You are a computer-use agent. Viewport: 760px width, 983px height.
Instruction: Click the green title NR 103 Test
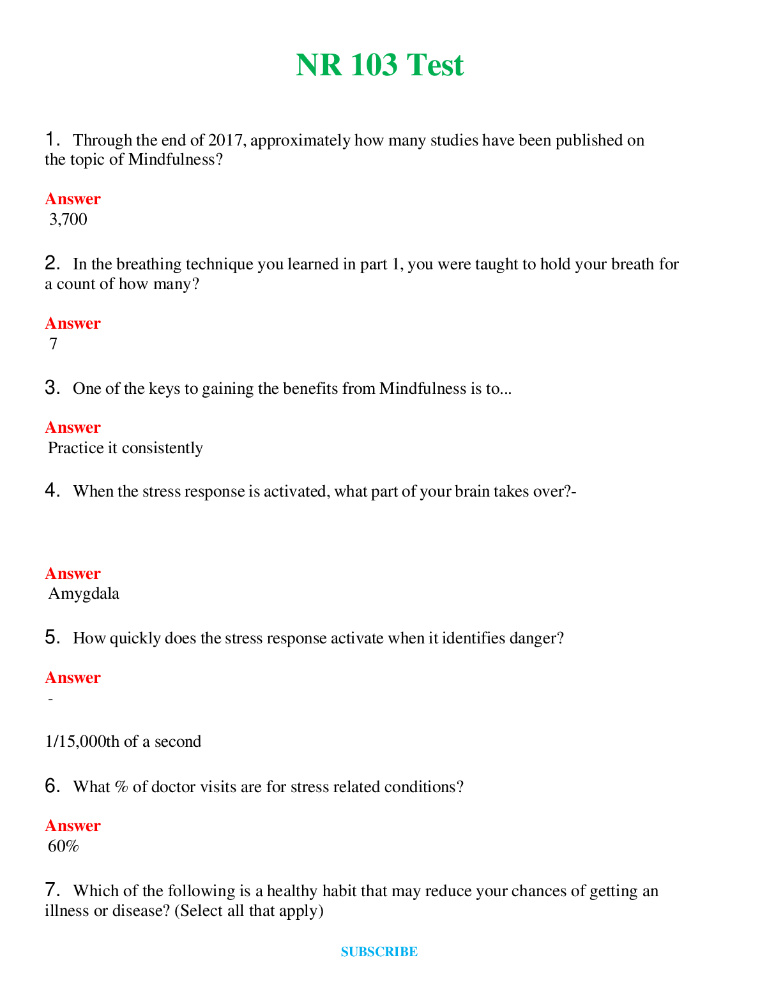(x=379, y=65)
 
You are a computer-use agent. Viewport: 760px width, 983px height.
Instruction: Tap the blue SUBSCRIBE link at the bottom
(x=379, y=952)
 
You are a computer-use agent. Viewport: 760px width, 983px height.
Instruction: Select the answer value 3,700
(x=68, y=220)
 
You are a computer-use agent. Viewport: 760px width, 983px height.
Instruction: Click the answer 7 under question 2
(x=54, y=344)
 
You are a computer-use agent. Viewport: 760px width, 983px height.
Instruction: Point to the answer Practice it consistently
(x=125, y=448)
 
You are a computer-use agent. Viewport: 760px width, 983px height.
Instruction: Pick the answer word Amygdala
(x=84, y=594)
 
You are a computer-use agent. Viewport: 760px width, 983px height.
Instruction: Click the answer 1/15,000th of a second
(x=123, y=742)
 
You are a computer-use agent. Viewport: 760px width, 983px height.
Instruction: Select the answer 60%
(x=63, y=846)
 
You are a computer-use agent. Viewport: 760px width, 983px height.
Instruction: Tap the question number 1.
(x=52, y=139)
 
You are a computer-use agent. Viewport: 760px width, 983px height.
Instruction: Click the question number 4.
(x=52, y=490)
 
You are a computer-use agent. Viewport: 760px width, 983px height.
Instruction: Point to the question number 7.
(x=52, y=890)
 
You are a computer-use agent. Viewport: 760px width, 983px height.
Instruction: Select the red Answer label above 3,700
(x=73, y=199)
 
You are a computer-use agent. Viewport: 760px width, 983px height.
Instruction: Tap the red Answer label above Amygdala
(x=73, y=573)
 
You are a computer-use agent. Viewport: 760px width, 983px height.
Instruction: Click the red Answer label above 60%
(x=73, y=826)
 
